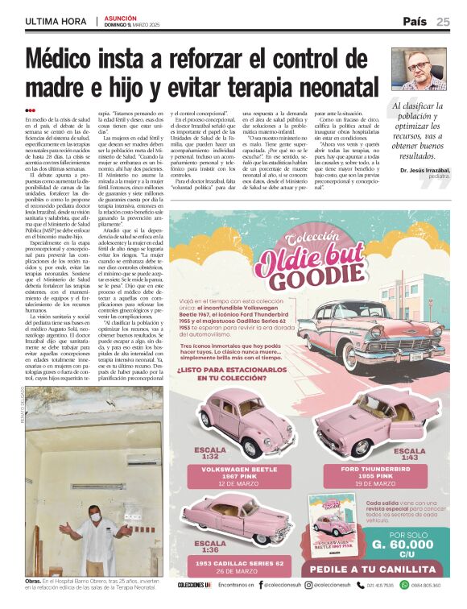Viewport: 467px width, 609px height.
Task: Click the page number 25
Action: pyautogui.click(x=443, y=22)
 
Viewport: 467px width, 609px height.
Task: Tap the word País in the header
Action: pyautogui.click(x=415, y=22)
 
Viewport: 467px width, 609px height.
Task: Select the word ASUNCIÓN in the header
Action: pyautogui.click(x=120, y=18)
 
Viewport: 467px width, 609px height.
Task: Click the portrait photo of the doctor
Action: pyautogui.click(x=418, y=69)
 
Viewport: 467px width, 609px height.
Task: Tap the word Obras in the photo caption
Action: pyautogui.click(x=34, y=580)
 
